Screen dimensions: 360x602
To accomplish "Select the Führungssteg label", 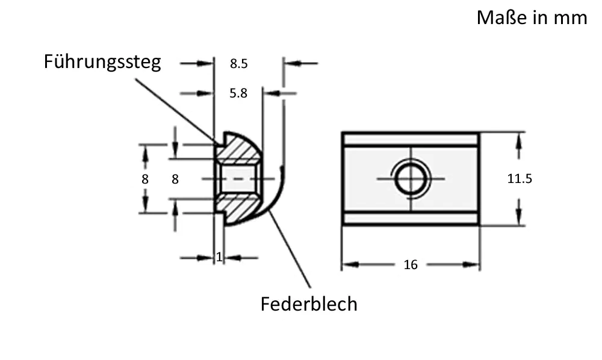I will click(x=102, y=61).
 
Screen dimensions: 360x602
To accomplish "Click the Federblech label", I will click(x=309, y=303).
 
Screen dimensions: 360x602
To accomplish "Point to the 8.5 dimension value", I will click(x=239, y=63).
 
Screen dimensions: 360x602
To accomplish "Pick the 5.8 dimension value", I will click(x=238, y=93).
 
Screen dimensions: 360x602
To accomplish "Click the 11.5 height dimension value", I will click(x=520, y=179).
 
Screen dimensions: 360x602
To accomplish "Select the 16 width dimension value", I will click(x=411, y=265).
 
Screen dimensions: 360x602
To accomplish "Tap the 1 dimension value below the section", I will click(x=219, y=257).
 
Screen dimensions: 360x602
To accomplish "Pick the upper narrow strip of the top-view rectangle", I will click(x=411, y=140).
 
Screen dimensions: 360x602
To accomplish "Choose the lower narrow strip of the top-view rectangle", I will click(x=411, y=218).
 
